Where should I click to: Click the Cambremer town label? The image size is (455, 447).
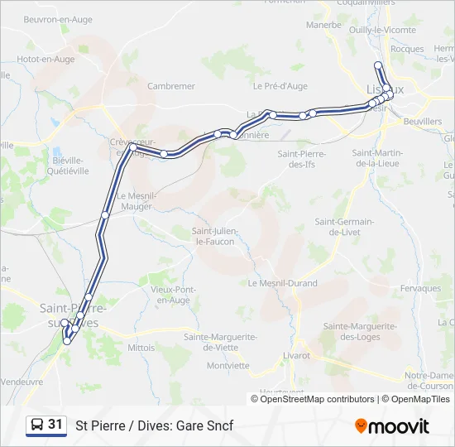[x=170, y=86]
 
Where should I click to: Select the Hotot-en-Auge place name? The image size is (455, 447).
[x=45, y=60]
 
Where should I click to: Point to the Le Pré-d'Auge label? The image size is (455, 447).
[x=280, y=85]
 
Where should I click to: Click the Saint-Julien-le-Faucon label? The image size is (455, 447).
[x=213, y=236]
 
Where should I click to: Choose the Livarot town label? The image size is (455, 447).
[x=295, y=355]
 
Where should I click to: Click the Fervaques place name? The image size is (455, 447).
[x=420, y=288]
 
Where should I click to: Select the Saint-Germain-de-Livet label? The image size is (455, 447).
[x=344, y=227]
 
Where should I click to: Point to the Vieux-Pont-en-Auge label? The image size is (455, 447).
[x=173, y=295]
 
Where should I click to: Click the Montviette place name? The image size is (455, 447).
[x=227, y=365]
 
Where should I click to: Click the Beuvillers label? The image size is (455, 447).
[x=423, y=122]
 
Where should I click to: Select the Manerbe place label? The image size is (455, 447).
[x=323, y=25]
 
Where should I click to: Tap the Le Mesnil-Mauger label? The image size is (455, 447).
[x=137, y=201]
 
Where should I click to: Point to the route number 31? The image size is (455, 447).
[x=55, y=425]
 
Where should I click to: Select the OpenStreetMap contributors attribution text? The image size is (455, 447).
[x=317, y=399]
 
